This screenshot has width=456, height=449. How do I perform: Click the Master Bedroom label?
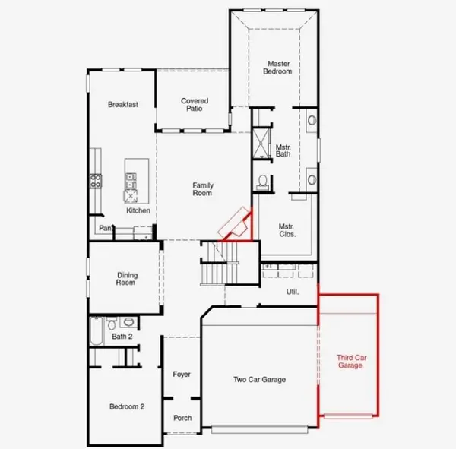pos(277,68)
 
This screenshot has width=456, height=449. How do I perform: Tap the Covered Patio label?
pos(195,105)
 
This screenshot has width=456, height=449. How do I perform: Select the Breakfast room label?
pos(123,104)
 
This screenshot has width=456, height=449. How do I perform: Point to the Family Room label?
pos(203,189)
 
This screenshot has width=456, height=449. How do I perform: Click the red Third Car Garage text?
pos(351,362)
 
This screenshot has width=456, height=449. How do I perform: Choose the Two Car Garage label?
pos(259,380)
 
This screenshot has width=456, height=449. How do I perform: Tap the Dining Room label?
pos(127,279)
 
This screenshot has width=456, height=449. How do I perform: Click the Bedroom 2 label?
pos(127,406)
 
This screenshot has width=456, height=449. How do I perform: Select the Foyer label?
pos(182,375)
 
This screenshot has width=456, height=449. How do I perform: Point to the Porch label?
pos(182,418)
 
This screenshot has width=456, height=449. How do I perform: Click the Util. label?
pos(293,292)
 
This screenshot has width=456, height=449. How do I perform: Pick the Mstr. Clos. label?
pos(287,230)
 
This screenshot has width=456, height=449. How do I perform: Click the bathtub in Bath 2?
pos(97,331)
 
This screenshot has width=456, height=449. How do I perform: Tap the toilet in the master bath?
pos(263,182)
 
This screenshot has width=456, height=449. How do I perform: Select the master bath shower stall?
pos(261,144)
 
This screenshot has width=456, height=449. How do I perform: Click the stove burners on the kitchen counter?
pos(96,181)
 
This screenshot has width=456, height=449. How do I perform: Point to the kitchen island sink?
pos(131,181)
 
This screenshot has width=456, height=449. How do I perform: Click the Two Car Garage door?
pos(259,429)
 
